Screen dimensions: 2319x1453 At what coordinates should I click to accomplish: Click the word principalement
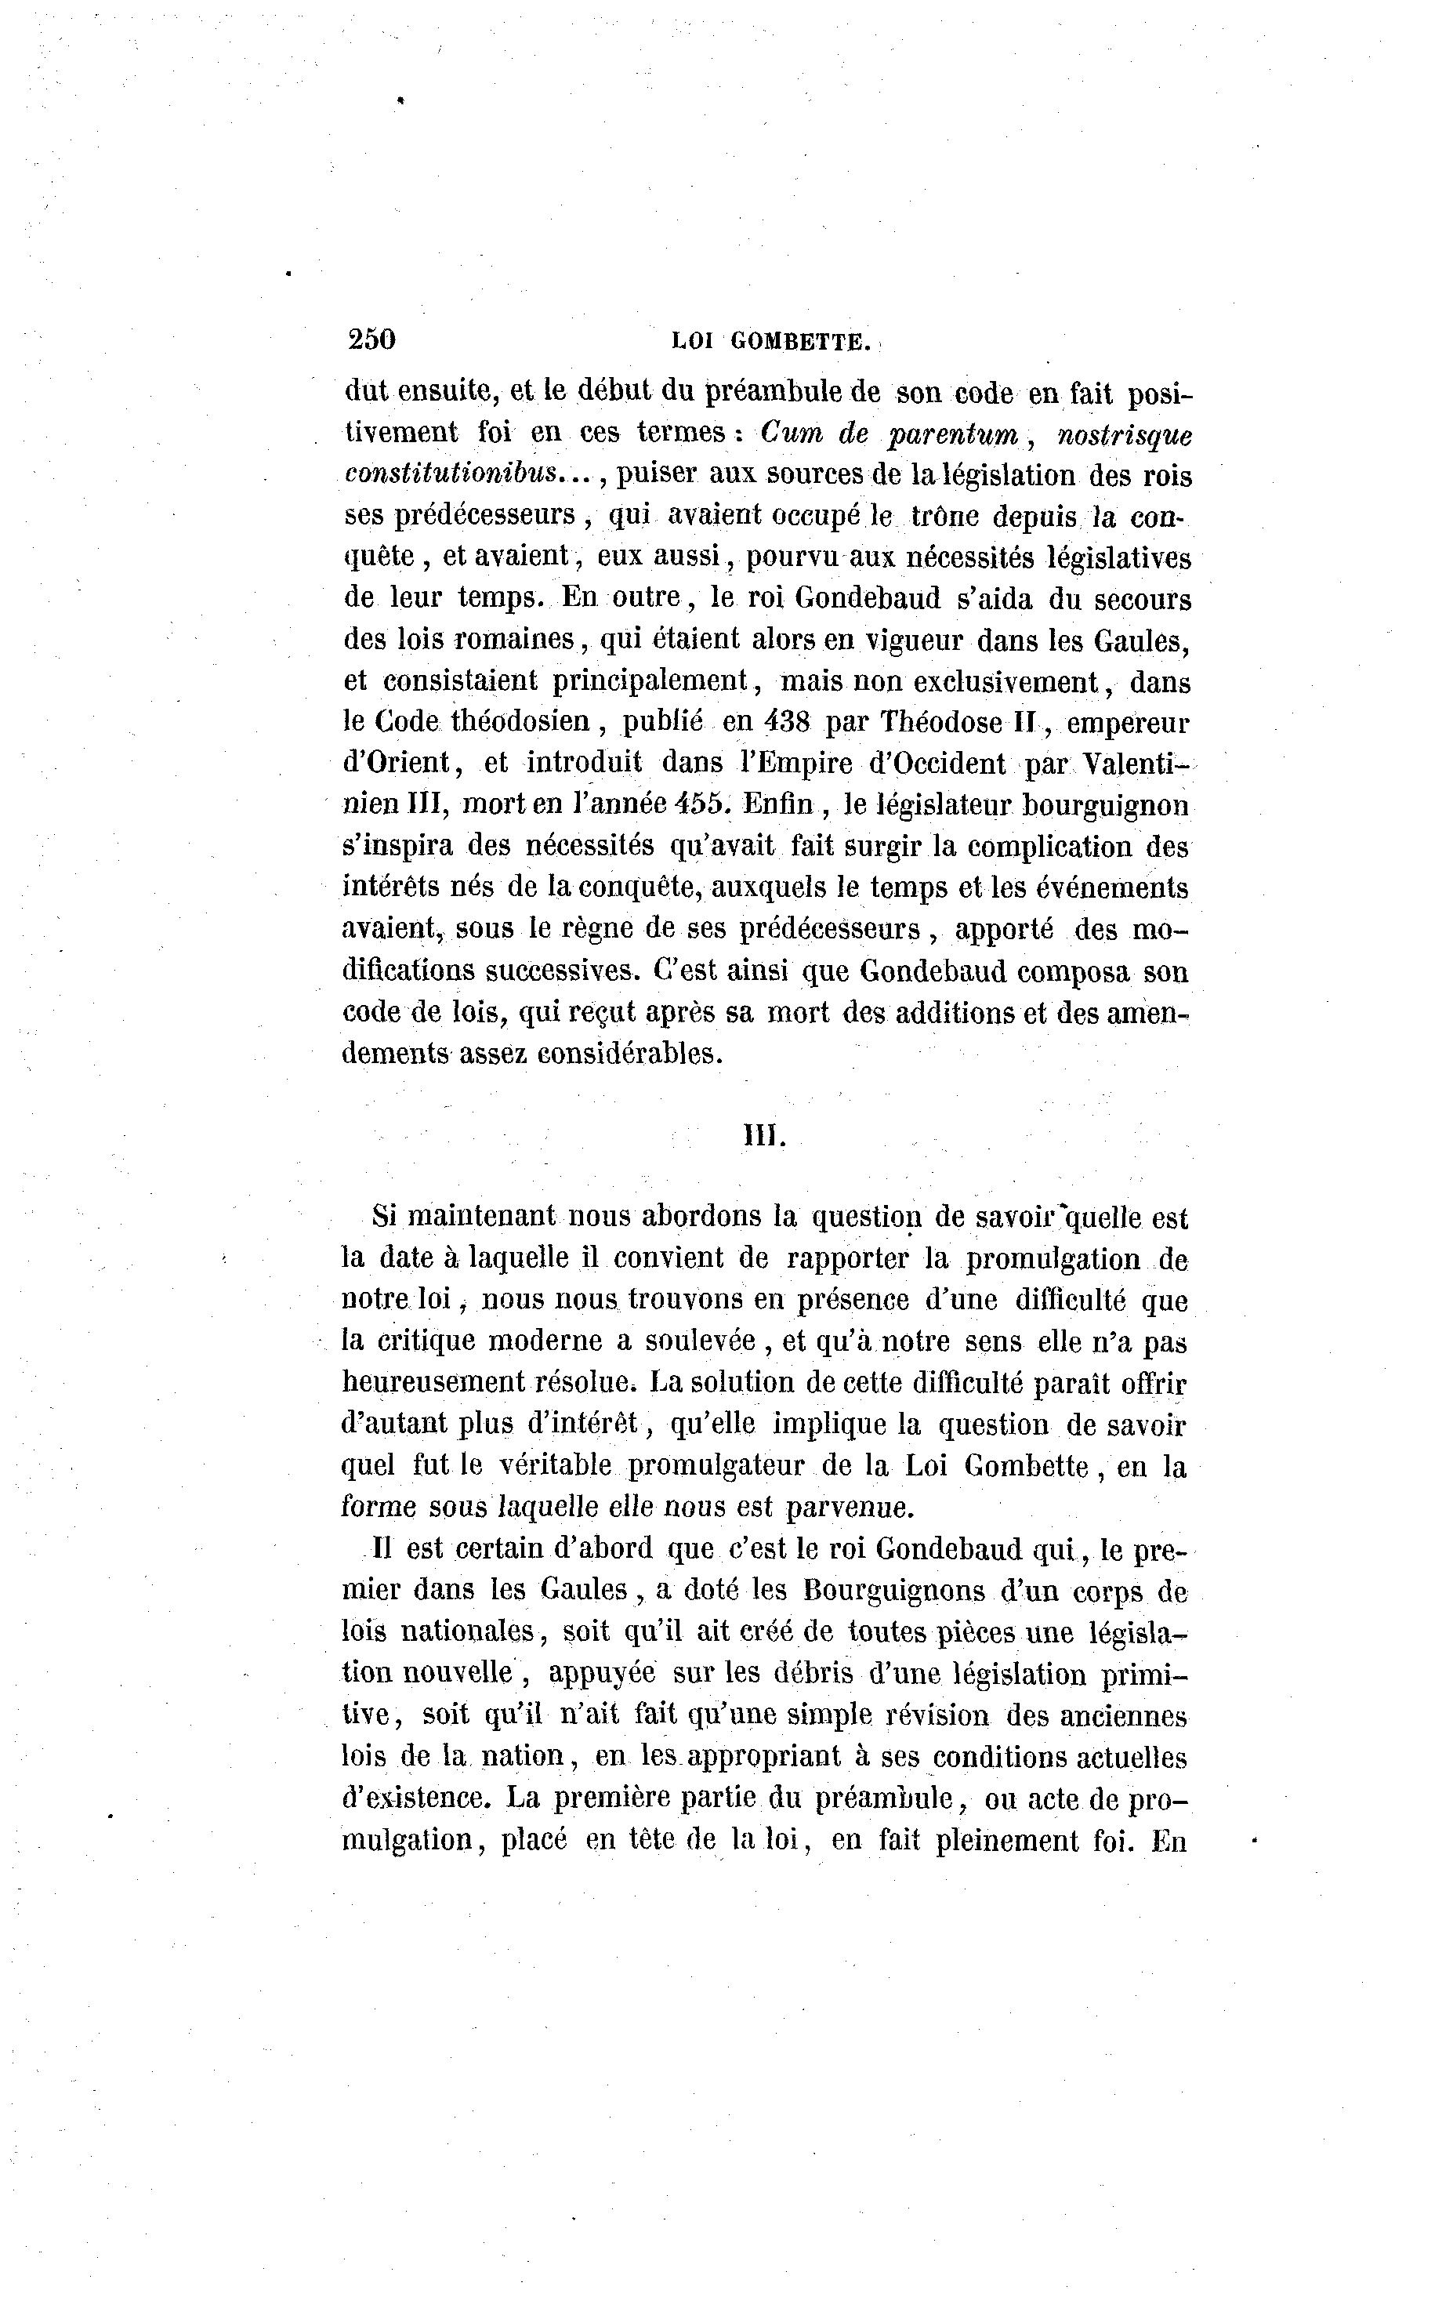pos(651,681)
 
